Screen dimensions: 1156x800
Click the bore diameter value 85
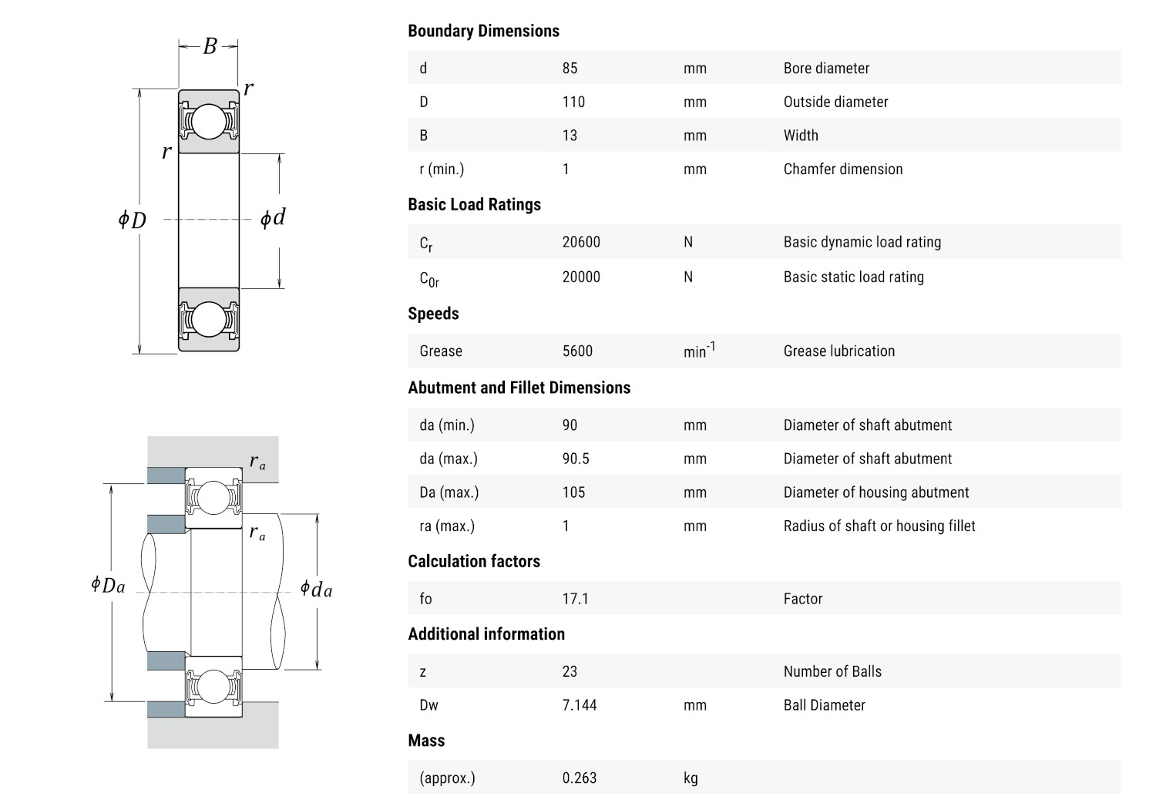[570, 68]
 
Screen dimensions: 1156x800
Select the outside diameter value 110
[573, 102]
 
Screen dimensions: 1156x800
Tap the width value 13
[570, 135]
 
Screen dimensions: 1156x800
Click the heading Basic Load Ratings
[474, 204]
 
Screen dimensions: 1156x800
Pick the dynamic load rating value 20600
[581, 242]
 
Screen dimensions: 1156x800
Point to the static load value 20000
[581, 277]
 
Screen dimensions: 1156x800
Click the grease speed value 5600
[577, 351]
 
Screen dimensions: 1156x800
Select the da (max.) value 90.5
[576, 459]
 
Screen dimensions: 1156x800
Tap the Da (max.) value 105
[573, 492]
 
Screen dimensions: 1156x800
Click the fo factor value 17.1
[576, 599]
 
